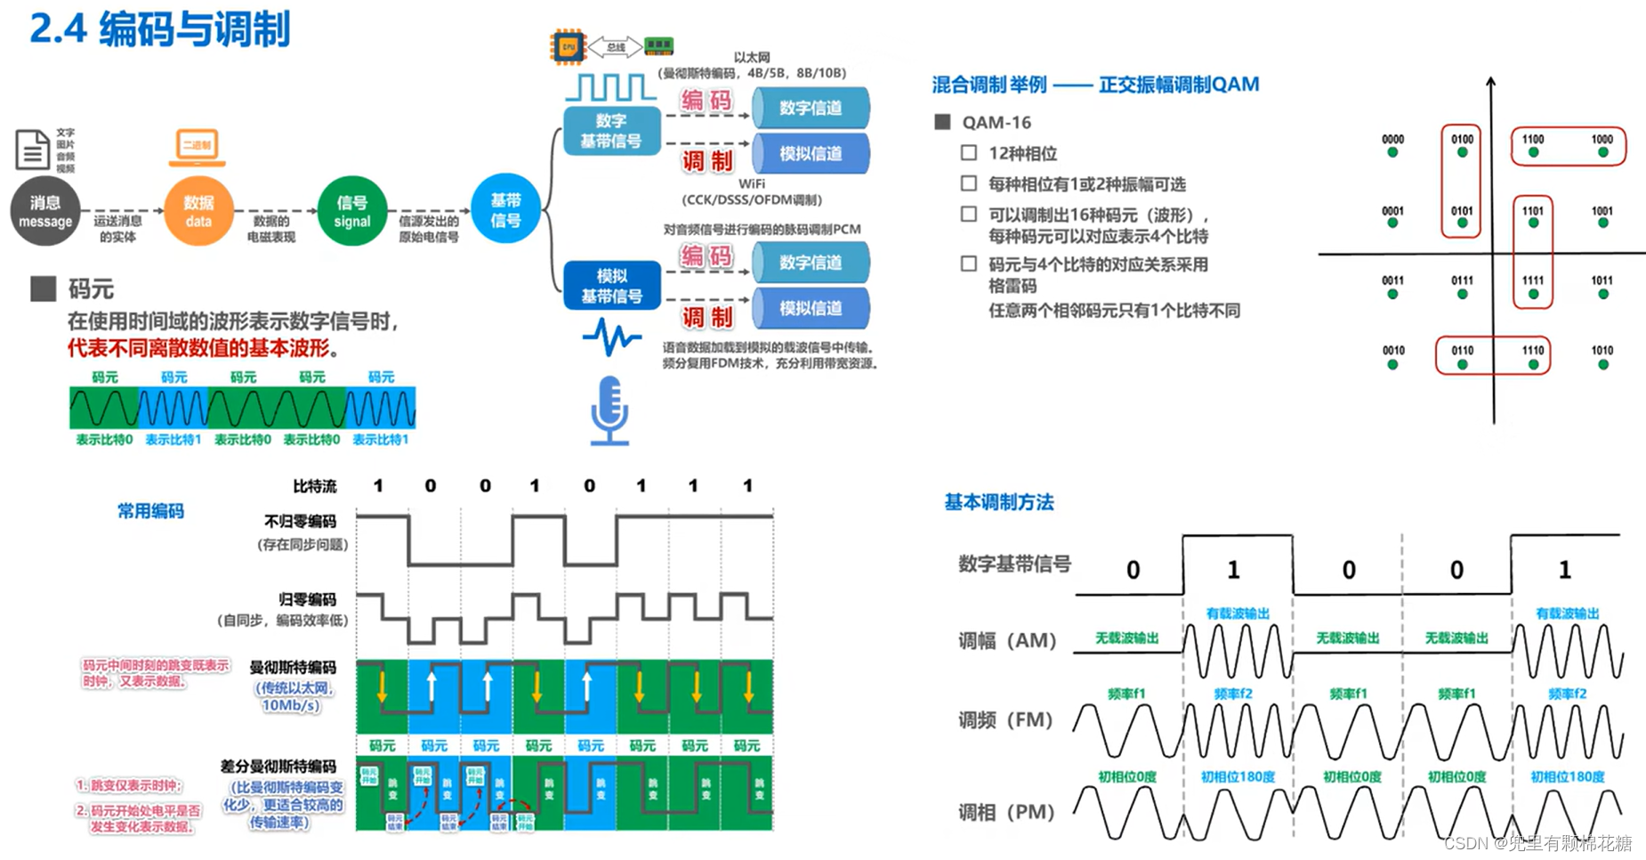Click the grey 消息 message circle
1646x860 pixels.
(x=45, y=212)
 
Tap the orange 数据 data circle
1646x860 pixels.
(x=198, y=212)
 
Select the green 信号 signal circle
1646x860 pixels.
(x=351, y=212)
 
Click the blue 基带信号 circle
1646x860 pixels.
(x=505, y=210)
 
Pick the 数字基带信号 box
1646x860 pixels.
(x=612, y=131)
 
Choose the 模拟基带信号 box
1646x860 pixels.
(x=612, y=286)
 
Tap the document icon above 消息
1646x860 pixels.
(x=33, y=150)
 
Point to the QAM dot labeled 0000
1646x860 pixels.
(x=1392, y=152)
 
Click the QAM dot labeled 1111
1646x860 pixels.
(x=1532, y=294)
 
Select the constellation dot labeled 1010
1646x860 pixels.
(x=1602, y=363)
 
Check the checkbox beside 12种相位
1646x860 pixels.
(x=969, y=153)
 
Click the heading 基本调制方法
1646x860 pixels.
(x=998, y=502)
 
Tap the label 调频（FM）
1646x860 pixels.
(x=1005, y=719)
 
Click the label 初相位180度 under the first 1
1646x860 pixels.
(x=1238, y=776)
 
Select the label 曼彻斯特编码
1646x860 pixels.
(x=293, y=667)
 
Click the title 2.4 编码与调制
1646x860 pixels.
(x=160, y=29)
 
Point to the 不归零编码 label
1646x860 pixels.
(x=300, y=521)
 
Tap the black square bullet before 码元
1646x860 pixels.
(x=43, y=288)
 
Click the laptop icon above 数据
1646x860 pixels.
(x=198, y=148)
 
